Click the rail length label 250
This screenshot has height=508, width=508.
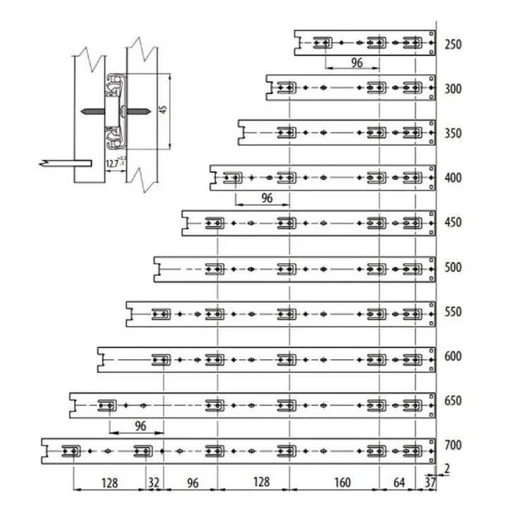coord(453,44)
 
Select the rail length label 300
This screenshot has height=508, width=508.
coord(453,89)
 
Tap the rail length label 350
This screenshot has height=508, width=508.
coord(453,133)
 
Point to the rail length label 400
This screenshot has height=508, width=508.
coord(453,178)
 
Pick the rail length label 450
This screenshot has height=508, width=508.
coord(453,222)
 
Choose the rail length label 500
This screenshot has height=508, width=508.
coord(453,267)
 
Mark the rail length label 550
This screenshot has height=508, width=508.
coord(453,311)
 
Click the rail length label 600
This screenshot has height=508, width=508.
coord(453,356)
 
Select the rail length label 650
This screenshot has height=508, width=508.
coord(453,401)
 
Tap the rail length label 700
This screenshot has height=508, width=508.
coord(453,445)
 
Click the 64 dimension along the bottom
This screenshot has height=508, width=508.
coord(399,484)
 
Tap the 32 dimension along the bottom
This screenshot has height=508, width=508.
coord(154,484)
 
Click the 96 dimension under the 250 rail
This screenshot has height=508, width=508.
coord(356,63)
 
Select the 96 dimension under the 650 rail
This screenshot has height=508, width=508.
coord(140,426)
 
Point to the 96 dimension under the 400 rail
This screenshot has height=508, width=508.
coord(266,198)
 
